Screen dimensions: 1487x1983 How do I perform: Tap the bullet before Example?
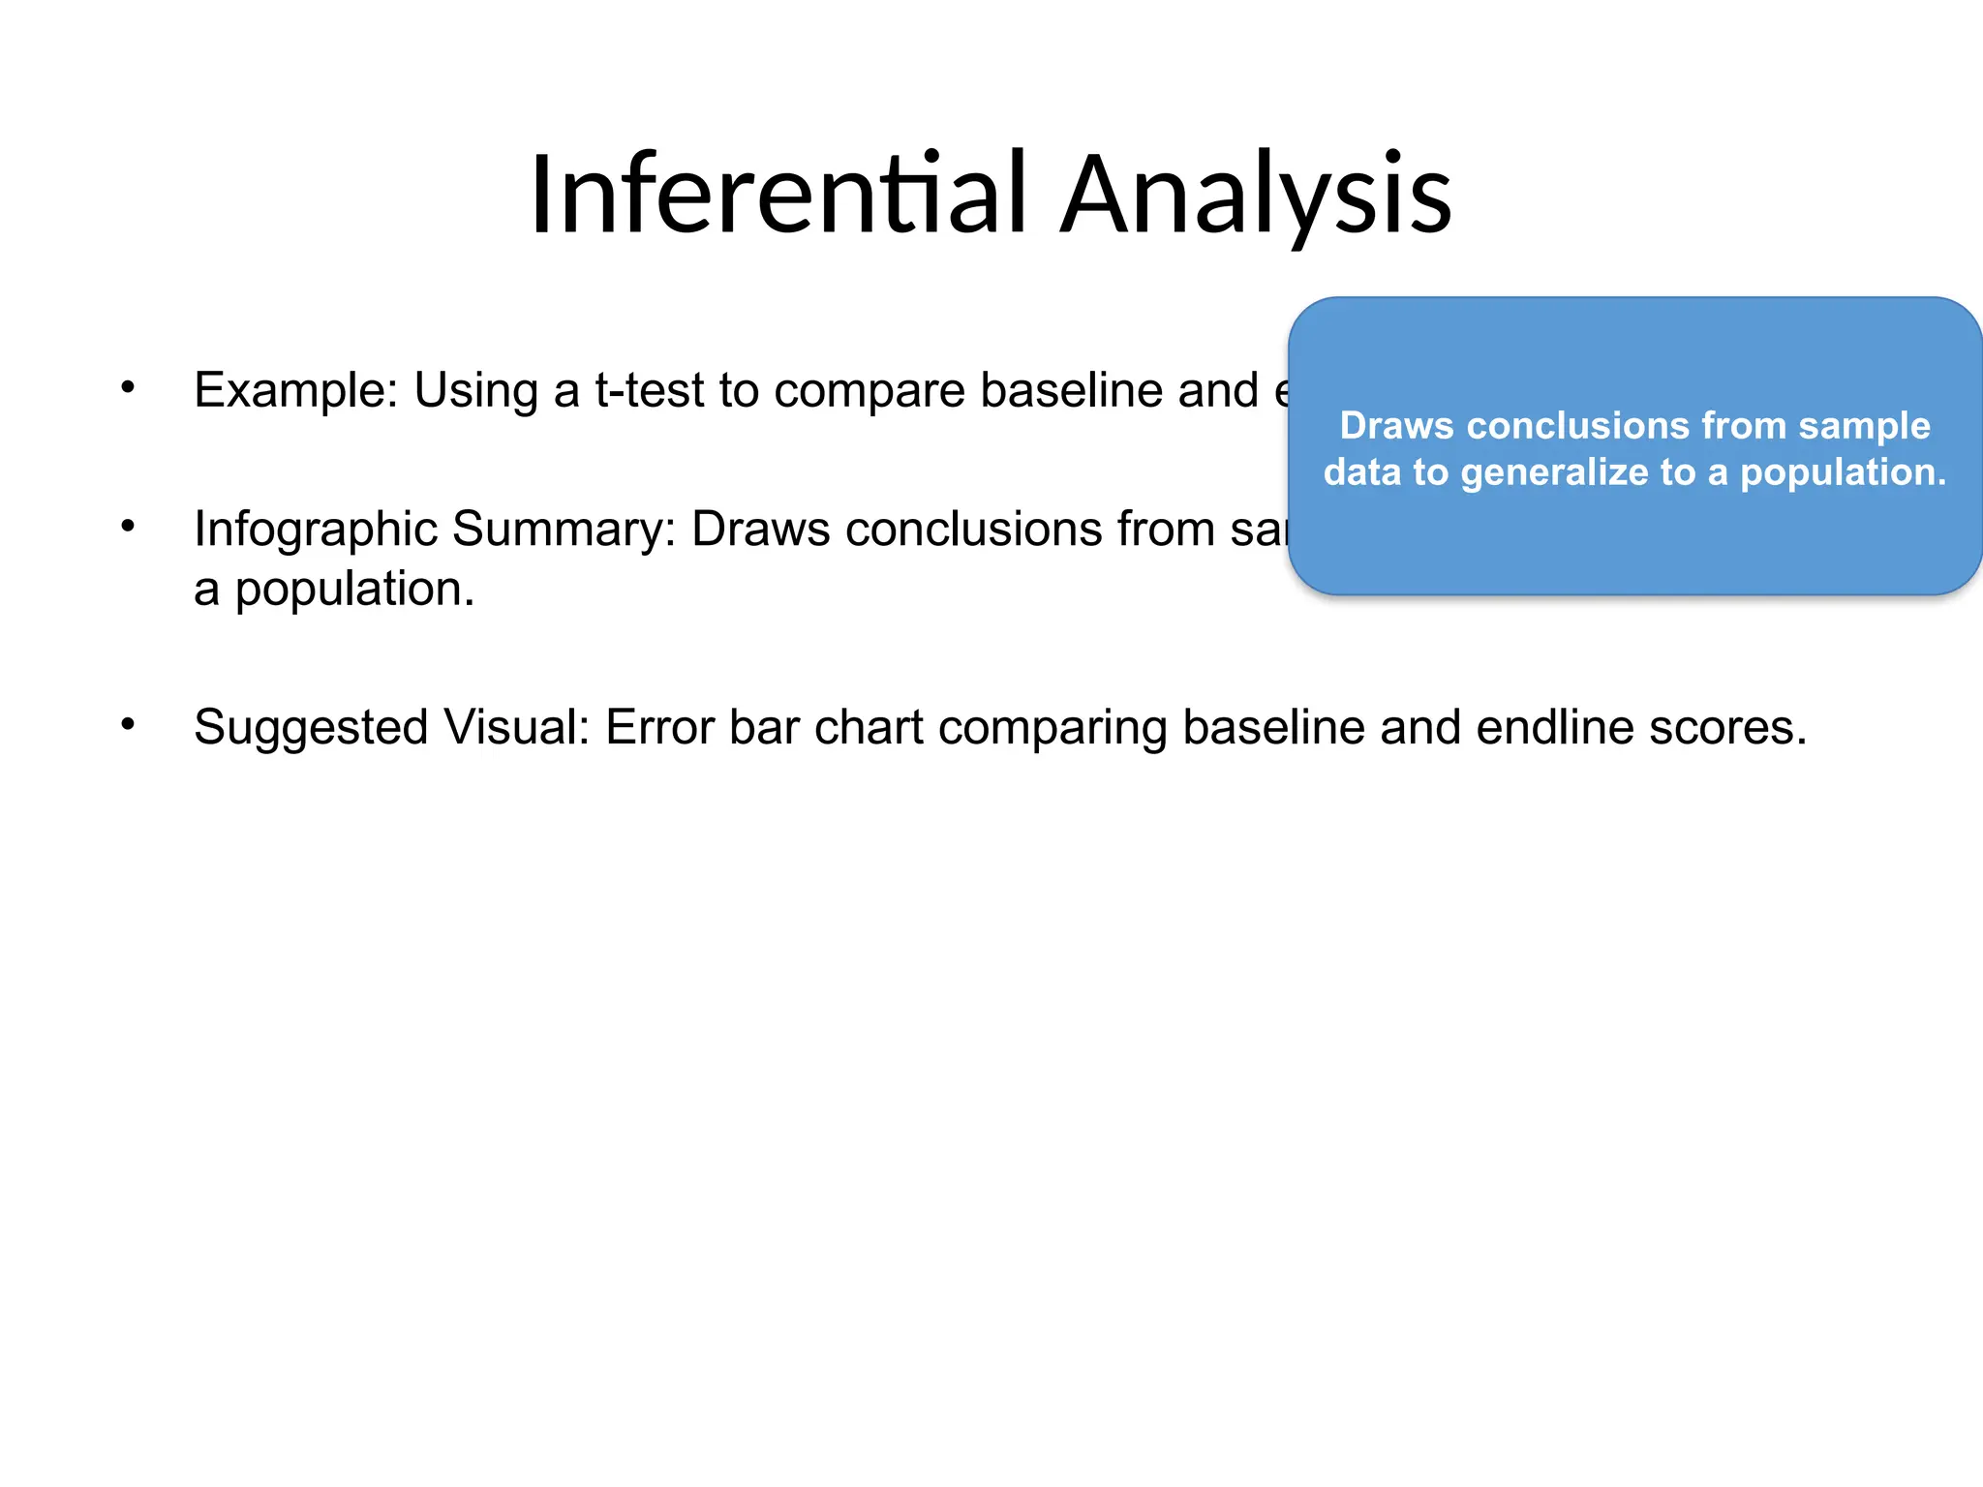tap(128, 388)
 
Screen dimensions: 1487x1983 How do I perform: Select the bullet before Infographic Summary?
tap(128, 528)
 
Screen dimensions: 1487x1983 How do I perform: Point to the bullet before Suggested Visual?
tap(128, 725)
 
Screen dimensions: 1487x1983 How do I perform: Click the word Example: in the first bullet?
tap(296, 390)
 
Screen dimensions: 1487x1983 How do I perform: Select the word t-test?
tap(650, 390)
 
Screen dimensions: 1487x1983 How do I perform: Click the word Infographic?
tap(316, 531)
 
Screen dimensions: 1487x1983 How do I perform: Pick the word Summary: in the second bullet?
tap(564, 531)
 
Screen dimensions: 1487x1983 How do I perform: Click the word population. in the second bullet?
tap(354, 590)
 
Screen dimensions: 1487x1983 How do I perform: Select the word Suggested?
tap(310, 728)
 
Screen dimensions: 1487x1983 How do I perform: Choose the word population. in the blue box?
tap(1843, 472)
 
